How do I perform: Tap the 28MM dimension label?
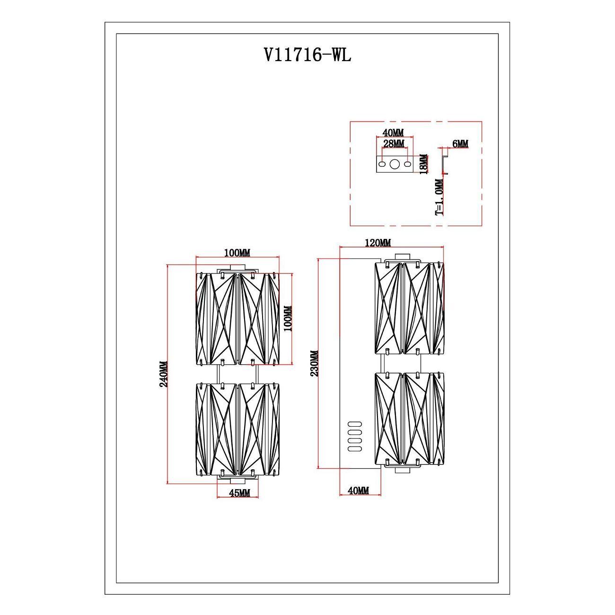(x=394, y=143)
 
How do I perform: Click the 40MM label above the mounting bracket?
(x=394, y=132)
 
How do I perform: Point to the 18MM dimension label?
(x=424, y=164)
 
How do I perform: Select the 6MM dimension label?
(x=460, y=144)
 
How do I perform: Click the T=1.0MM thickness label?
(x=439, y=197)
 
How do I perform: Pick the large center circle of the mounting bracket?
(x=395, y=164)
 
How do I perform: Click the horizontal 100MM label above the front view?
(x=237, y=253)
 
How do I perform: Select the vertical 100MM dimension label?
(x=289, y=319)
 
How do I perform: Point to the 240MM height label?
(x=163, y=374)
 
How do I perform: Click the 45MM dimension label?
(x=239, y=492)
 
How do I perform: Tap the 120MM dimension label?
(x=378, y=243)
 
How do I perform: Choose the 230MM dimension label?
(x=314, y=363)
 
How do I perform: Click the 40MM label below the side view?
(x=358, y=491)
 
